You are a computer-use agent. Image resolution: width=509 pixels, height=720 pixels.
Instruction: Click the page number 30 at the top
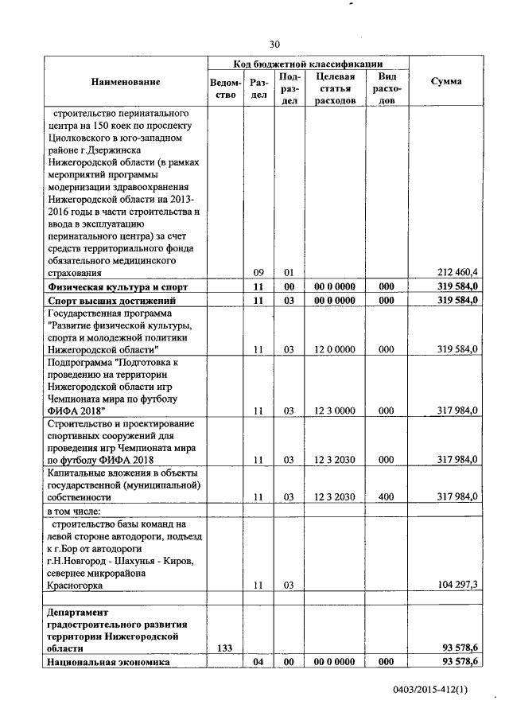[x=274, y=44]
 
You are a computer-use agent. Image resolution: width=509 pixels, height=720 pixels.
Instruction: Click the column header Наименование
[x=125, y=82]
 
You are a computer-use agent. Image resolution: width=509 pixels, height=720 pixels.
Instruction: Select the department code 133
[x=226, y=649]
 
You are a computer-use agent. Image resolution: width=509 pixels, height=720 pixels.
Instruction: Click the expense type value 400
[x=387, y=496]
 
